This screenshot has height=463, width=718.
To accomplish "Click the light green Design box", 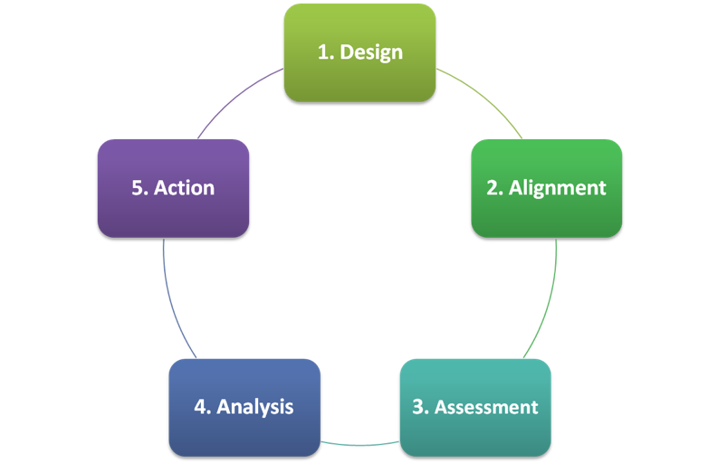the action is coord(359,52).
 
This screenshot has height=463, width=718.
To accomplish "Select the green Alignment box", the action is coord(546,188).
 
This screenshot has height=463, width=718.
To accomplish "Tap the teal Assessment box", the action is coord(475,407).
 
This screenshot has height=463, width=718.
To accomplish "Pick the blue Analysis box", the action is coord(244,407).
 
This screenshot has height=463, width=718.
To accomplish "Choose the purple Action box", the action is coord(173,188).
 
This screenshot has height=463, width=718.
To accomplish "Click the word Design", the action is coord(371,52).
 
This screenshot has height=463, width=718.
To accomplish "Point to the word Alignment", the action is coord(557,188).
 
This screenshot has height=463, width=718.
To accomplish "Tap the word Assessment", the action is coord(486,407).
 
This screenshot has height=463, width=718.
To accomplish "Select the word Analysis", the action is coord(255,407).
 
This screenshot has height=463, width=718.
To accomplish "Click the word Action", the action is coord(184,188).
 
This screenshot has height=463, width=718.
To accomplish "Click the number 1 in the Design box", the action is coord(323,52).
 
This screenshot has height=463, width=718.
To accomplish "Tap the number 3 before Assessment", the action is coord(418,407).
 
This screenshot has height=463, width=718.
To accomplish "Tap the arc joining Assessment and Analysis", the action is coord(360,445).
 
